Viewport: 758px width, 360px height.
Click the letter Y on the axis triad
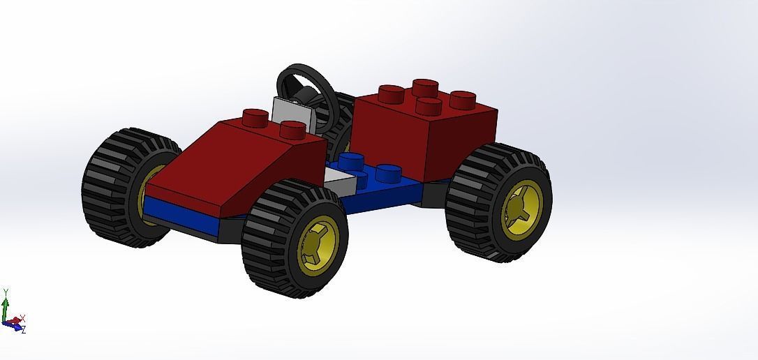click(6, 292)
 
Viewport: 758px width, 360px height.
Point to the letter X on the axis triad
click(22, 318)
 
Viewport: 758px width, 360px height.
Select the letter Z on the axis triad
click(23, 329)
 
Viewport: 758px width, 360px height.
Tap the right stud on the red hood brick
click(292, 129)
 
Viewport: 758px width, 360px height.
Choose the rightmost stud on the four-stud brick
click(463, 100)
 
